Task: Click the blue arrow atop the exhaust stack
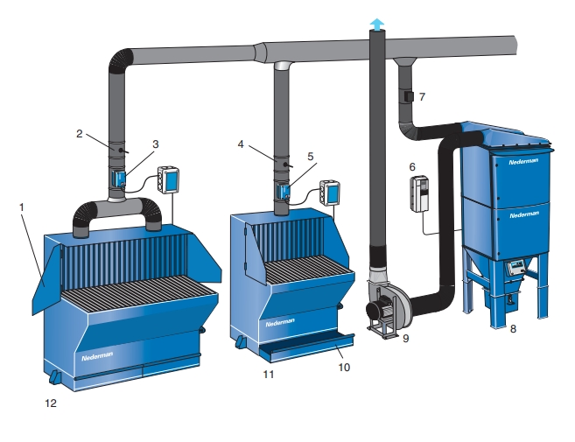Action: coord(377,25)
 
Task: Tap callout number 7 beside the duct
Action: coord(422,97)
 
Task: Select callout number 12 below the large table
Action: coord(51,403)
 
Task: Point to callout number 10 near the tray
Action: coord(344,368)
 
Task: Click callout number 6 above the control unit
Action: coord(412,167)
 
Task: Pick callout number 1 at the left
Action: coord(21,207)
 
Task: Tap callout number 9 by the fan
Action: coord(405,338)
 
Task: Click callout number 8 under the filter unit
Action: coord(513,329)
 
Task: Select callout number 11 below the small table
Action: coord(269,375)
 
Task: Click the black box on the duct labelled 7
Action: coord(409,96)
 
